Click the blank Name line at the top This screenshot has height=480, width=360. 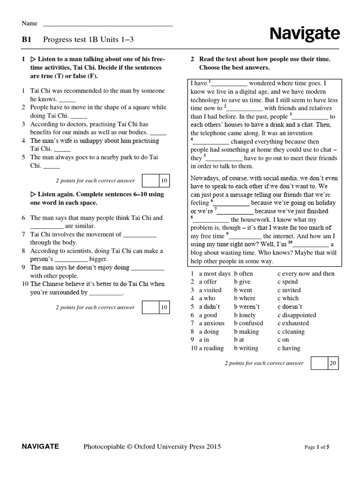(x=108, y=23)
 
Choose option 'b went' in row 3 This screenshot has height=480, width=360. (x=243, y=290)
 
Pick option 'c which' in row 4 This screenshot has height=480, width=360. (x=287, y=298)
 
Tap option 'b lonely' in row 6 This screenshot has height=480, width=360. (x=245, y=315)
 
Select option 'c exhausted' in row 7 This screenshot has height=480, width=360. (x=293, y=323)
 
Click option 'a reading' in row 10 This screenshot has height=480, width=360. (x=211, y=348)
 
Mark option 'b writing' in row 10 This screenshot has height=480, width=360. (x=246, y=348)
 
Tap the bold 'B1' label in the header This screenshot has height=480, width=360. (x=26, y=40)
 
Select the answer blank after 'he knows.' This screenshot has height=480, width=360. (x=67, y=100)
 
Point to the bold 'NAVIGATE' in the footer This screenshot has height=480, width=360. (x=40, y=447)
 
